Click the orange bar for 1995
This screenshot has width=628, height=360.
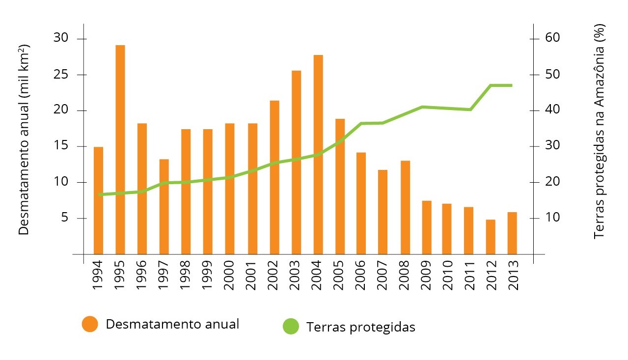coord(120,149)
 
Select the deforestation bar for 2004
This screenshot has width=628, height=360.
coord(318,154)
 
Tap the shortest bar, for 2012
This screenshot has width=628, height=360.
coord(491,237)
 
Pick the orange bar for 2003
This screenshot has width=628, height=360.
coord(296,162)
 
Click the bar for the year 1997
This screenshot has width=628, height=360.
coord(164,206)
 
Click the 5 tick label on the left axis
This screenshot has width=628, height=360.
coord(64,218)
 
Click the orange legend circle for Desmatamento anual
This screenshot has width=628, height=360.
coord(90,324)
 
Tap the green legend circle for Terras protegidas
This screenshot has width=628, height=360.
coord(291,327)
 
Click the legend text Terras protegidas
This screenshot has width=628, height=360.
coord(360,327)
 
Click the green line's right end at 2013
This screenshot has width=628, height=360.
coord(512,85)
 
